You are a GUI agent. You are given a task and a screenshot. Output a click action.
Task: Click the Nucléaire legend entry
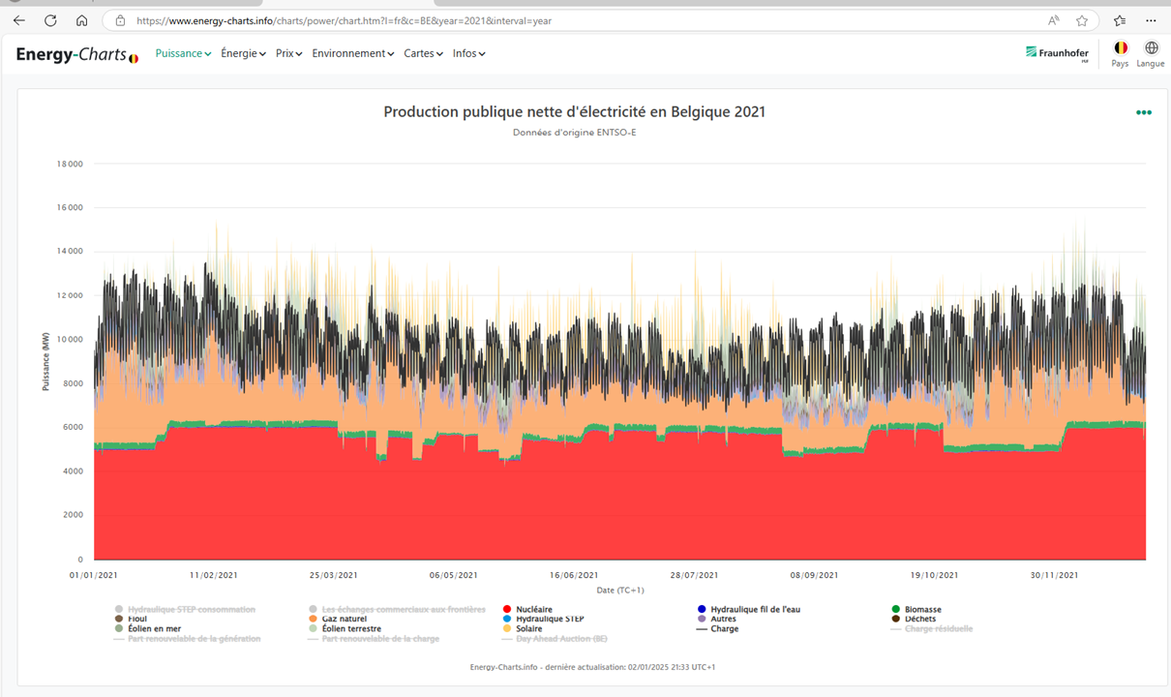[x=533, y=610]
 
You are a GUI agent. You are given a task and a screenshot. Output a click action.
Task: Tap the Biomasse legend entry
[x=922, y=610]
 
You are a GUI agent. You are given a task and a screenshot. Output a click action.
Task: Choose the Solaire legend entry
[x=528, y=628]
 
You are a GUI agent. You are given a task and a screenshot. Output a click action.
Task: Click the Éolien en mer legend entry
[x=153, y=628]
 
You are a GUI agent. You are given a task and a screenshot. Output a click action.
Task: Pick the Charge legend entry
[x=724, y=628]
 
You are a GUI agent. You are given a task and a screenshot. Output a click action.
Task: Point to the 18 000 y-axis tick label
[x=68, y=164]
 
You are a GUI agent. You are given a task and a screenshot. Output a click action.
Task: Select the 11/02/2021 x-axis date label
[x=213, y=575]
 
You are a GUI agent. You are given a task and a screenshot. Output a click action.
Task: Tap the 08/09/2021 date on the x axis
[x=815, y=575]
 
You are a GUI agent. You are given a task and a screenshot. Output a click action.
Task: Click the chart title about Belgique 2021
[x=574, y=112]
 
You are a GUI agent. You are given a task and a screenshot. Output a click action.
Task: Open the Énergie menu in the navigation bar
[x=243, y=53]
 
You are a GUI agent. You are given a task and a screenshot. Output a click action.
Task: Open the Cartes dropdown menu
[x=423, y=53]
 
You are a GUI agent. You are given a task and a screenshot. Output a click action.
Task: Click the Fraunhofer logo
[x=1057, y=53]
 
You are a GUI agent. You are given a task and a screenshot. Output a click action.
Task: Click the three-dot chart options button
[x=1144, y=113]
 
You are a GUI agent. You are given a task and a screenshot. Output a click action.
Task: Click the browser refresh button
[x=50, y=20]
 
